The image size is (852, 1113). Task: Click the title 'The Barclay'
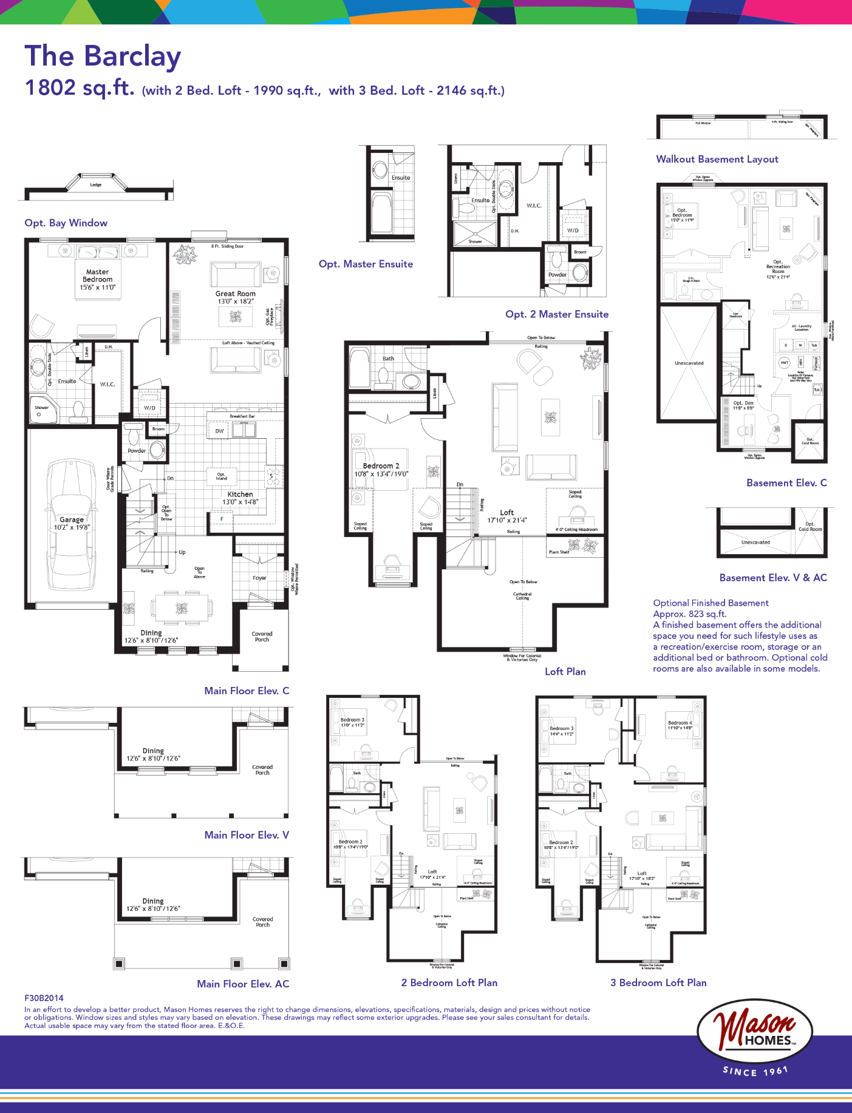coord(103,56)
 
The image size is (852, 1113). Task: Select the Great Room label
coord(236,294)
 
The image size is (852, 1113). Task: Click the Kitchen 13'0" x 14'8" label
coord(240,498)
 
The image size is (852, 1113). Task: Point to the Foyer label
coord(259,578)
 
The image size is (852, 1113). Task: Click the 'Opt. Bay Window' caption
coord(66,223)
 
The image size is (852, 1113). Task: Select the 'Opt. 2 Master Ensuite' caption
coord(556,314)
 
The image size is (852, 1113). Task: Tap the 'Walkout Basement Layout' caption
coord(717,159)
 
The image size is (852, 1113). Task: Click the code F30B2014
coord(44,998)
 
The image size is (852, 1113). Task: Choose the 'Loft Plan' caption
coord(565,671)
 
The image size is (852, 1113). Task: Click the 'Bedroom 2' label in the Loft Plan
coord(381,466)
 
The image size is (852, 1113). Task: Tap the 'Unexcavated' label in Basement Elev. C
coord(689,363)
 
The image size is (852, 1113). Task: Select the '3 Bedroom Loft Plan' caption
coord(658,983)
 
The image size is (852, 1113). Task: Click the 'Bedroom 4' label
coord(680,723)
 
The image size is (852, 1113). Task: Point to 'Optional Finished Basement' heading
coord(711,603)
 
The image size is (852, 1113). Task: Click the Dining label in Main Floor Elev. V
coord(153,751)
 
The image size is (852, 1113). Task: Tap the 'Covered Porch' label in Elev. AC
coord(262,922)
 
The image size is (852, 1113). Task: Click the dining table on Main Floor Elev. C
coord(182,608)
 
